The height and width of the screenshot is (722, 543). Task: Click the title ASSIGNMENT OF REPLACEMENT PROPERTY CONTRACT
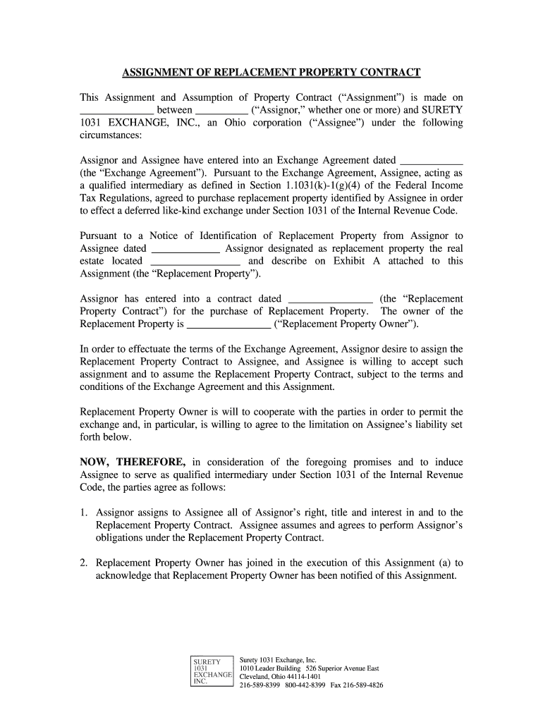tap(271, 73)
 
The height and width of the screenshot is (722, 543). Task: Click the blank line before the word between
tap(116, 110)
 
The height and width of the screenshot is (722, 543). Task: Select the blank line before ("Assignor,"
tap(221, 110)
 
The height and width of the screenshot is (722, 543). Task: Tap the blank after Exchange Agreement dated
tap(431, 160)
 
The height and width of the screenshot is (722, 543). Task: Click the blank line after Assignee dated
tap(186, 249)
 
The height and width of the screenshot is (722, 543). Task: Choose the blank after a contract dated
tap(331, 299)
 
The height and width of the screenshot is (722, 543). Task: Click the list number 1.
tap(83, 513)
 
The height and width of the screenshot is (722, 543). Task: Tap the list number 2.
tap(83, 563)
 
